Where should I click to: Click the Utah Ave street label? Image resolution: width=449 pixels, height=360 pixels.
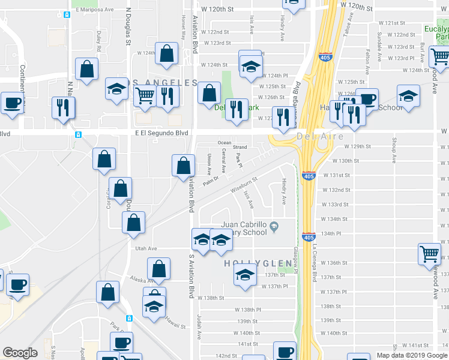click(x=146, y=248)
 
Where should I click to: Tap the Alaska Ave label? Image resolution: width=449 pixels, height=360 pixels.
click(x=143, y=280)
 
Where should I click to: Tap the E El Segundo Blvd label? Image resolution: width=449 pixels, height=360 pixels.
click(x=160, y=133)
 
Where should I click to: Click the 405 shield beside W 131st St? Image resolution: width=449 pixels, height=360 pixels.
click(x=309, y=177)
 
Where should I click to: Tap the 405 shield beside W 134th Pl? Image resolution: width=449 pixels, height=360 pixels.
click(x=309, y=238)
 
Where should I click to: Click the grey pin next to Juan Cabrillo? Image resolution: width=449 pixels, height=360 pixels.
click(x=274, y=226)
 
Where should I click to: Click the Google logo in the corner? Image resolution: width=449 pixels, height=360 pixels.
click(x=20, y=353)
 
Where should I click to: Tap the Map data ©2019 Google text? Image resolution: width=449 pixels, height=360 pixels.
click(x=412, y=355)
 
